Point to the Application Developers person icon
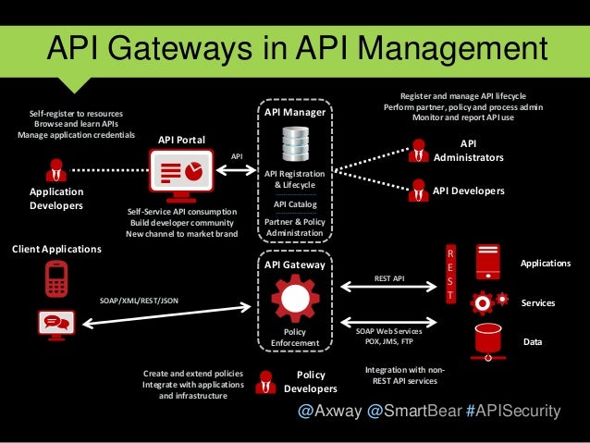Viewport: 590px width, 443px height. (x=56, y=170)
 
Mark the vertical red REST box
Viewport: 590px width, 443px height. (x=450, y=274)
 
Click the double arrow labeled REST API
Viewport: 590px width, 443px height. (x=388, y=287)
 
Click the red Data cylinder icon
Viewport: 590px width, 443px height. (x=486, y=340)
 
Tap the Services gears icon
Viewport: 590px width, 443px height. (x=488, y=302)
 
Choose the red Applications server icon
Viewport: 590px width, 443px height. (x=486, y=263)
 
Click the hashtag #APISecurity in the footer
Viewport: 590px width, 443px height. (x=513, y=411)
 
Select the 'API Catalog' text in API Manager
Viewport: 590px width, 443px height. (x=295, y=204)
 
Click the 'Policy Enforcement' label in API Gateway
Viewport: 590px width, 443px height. (x=294, y=337)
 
